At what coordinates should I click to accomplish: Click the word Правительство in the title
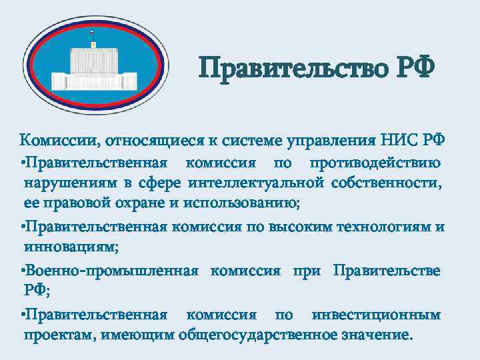tap(292, 68)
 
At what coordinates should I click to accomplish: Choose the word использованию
tap(228, 203)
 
